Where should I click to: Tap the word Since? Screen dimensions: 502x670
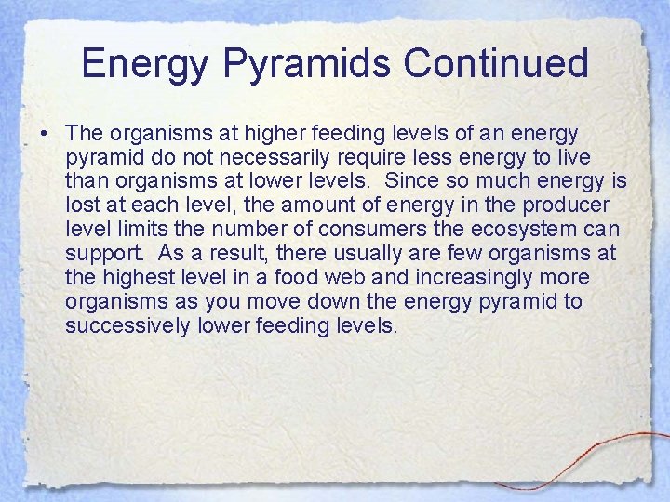409,179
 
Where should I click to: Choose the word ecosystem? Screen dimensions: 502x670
520,228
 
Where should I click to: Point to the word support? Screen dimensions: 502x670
101,253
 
